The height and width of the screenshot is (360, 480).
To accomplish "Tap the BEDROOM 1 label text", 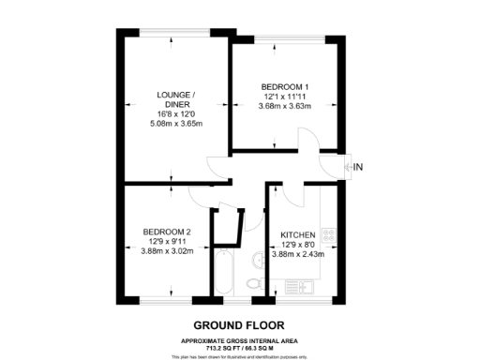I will [285, 87].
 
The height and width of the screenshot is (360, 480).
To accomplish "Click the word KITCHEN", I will [295, 235].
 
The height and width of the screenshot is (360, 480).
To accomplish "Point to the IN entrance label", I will [358, 167].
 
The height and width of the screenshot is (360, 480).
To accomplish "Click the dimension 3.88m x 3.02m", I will [167, 250].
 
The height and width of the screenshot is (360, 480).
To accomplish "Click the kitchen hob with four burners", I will [328, 237].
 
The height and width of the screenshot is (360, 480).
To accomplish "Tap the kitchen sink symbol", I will [303, 286].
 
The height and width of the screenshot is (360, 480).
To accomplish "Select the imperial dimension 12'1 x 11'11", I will [285, 96].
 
